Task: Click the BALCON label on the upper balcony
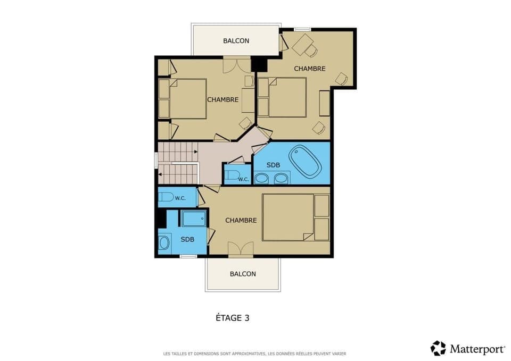pyautogui.click(x=236, y=41)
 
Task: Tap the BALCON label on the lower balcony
pyautogui.click(x=243, y=274)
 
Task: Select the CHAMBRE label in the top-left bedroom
pyautogui.click(x=222, y=99)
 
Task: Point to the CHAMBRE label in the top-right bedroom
pyautogui.click(x=309, y=69)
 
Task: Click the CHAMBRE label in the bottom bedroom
pyautogui.click(x=241, y=220)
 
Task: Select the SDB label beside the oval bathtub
pyautogui.click(x=273, y=165)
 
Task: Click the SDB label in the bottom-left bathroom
pyautogui.click(x=187, y=239)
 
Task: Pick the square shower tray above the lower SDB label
pyautogui.click(x=193, y=219)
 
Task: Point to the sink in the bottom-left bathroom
pyautogui.click(x=164, y=243)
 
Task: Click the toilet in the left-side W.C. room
pyautogui.click(x=167, y=197)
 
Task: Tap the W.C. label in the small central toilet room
pyautogui.click(x=243, y=179)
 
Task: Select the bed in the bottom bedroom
pyautogui.click(x=288, y=217)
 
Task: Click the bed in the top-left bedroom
pyautogui.click(x=187, y=99)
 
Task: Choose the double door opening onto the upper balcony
pyautogui.click(x=235, y=65)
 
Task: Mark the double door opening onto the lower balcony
pyautogui.click(x=240, y=249)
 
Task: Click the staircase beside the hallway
pyautogui.click(x=177, y=162)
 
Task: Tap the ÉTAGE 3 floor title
pyautogui.click(x=232, y=318)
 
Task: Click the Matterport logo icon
pyautogui.click(x=438, y=348)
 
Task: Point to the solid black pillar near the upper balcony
pyautogui.click(x=259, y=64)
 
